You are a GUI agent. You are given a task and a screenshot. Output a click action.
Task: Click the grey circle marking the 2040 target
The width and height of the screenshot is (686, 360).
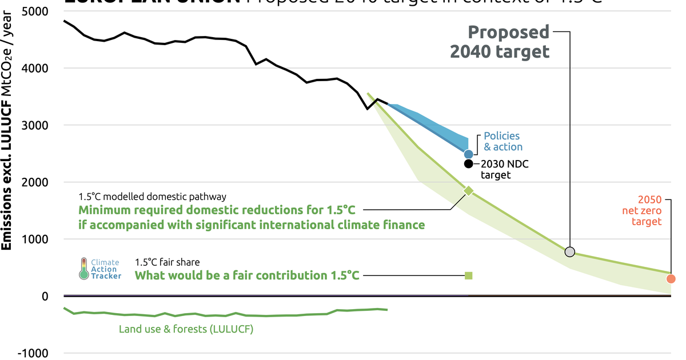pyautogui.click(x=569, y=251)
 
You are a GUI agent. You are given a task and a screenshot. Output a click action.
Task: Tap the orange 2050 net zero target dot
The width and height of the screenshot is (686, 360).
pyautogui.click(x=671, y=279)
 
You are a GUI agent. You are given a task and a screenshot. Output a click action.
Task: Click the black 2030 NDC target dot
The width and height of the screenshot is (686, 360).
pyautogui.click(x=469, y=164)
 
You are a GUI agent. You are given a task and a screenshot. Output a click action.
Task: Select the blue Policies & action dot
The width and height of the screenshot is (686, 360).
pyautogui.click(x=469, y=154)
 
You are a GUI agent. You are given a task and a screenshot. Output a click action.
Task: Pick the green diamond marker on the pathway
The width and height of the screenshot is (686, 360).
pyautogui.click(x=469, y=191)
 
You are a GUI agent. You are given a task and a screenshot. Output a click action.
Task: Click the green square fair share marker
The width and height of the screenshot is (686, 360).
pyautogui.click(x=469, y=275)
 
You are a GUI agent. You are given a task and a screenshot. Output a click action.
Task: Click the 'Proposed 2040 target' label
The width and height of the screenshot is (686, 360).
pyautogui.click(x=500, y=42)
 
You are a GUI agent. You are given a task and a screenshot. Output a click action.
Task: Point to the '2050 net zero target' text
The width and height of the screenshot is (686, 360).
pyautogui.click(x=646, y=210)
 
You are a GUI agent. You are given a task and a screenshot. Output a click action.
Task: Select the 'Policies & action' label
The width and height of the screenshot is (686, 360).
pyautogui.click(x=502, y=141)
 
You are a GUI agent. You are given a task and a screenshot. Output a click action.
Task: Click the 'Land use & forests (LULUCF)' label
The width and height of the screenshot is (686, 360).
pyautogui.click(x=186, y=329)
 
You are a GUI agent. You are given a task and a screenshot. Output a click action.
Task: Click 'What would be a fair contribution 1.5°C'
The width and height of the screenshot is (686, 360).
pyautogui.click(x=247, y=275)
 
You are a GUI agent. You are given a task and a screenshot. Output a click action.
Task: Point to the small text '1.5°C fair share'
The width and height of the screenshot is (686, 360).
pyautogui.click(x=167, y=262)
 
